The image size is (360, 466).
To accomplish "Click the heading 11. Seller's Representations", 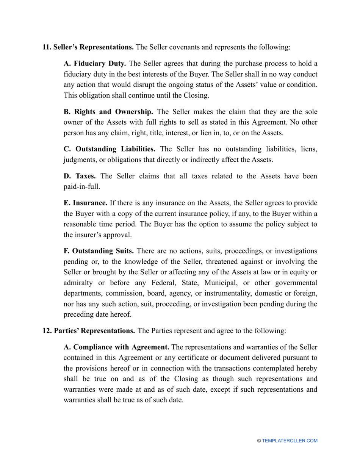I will click(88, 47).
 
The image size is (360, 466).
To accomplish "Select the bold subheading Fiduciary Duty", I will click(95, 63).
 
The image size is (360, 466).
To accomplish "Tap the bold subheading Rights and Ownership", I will click(108, 112).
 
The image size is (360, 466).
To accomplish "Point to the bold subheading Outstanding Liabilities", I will click(109, 149).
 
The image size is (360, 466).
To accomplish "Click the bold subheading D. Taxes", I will click(79, 176).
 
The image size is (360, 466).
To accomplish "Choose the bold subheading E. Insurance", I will click(85, 203).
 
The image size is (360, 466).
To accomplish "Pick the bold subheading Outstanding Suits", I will click(99, 251).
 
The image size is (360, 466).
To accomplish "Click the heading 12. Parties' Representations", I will click(89, 331).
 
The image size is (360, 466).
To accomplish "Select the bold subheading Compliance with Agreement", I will click(116, 347).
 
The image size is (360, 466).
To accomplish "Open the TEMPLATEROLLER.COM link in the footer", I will click(290, 441).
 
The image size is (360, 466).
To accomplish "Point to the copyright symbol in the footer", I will click(259, 441).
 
